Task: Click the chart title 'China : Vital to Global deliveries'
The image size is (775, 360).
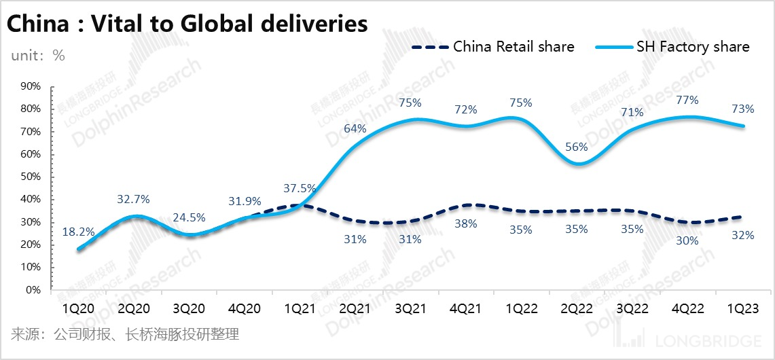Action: [x=187, y=24]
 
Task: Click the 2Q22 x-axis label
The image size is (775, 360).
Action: [x=577, y=308]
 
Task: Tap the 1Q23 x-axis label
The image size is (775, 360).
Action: [x=744, y=308]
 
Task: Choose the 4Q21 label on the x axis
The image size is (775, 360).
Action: [x=465, y=308]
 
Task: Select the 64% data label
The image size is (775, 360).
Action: [x=355, y=128]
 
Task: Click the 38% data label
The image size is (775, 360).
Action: [x=465, y=223]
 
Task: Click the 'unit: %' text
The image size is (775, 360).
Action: [x=38, y=56]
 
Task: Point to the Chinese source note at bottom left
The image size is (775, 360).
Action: [x=125, y=334]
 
